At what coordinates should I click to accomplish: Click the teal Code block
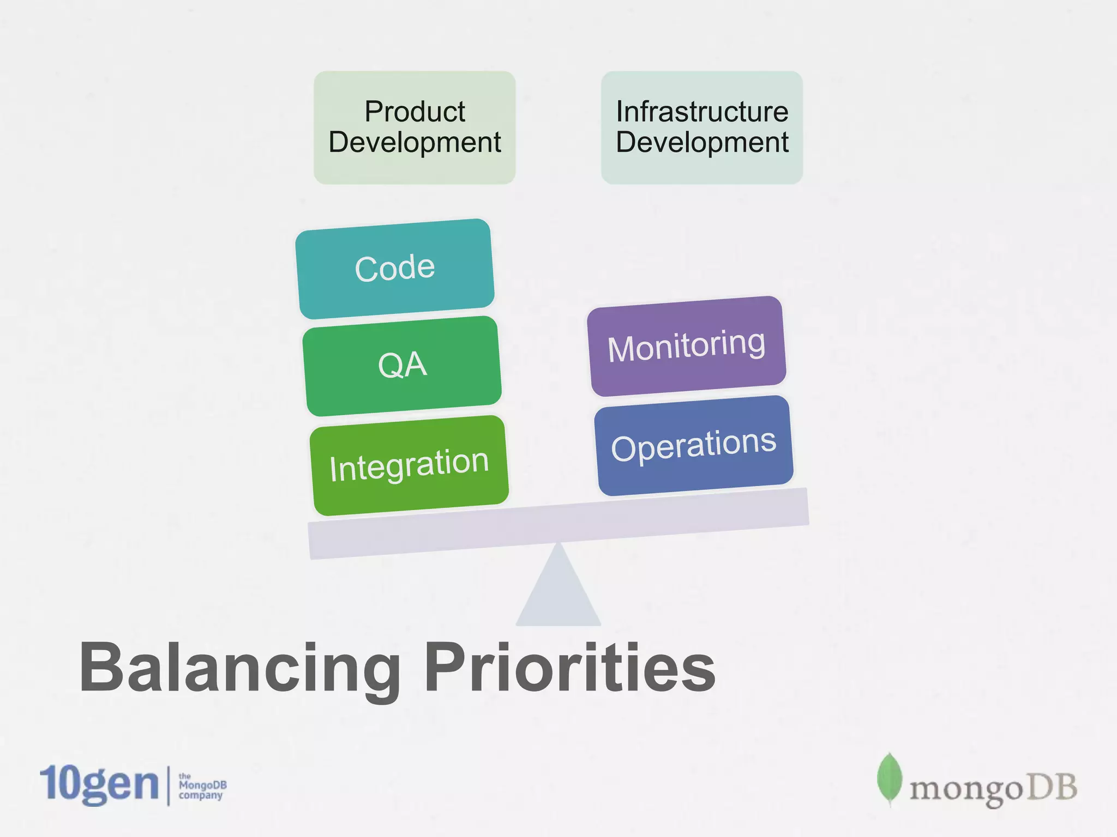click(395, 269)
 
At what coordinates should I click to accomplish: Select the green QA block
click(402, 366)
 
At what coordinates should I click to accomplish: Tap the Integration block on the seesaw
click(409, 465)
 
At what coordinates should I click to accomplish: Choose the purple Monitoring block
click(687, 346)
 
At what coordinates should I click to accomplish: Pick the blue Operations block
click(694, 446)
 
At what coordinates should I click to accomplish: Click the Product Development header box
click(415, 128)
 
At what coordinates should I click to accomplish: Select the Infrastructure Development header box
click(702, 128)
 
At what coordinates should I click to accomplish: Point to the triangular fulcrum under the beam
click(558, 594)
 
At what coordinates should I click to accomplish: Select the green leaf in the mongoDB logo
click(889, 778)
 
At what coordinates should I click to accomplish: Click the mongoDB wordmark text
click(993, 788)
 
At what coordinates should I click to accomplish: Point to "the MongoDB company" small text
click(202, 786)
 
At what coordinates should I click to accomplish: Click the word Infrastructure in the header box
click(702, 112)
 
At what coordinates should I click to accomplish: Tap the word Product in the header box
click(415, 112)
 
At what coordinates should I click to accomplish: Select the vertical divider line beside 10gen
click(168, 785)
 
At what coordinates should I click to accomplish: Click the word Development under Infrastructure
click(702, 143)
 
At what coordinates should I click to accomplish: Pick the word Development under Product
click(415, 143)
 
